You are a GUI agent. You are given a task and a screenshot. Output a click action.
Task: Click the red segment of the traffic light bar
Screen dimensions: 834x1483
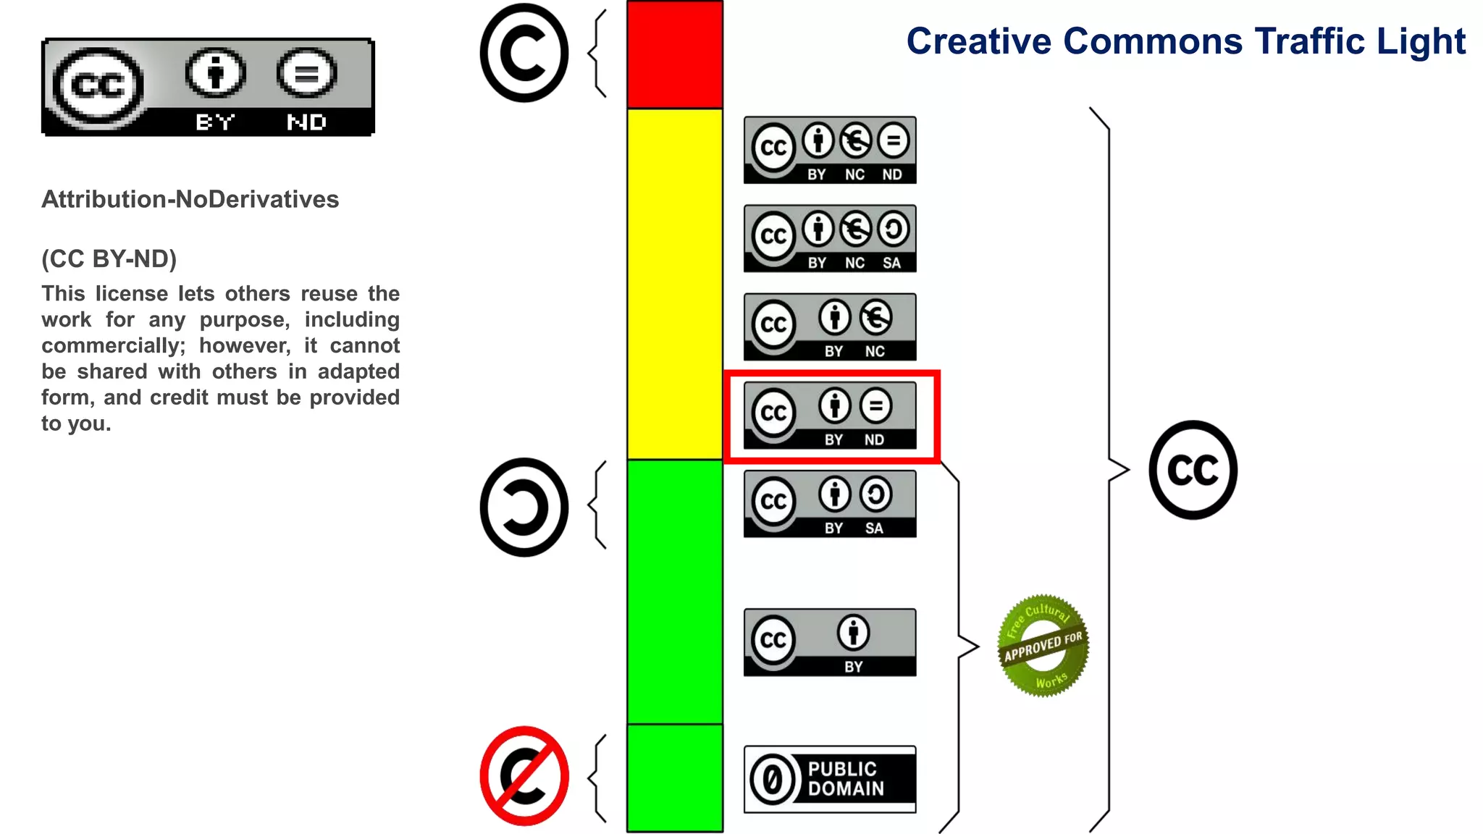point(674,55)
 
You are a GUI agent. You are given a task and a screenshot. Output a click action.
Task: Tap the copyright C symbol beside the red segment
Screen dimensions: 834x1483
point(524,53)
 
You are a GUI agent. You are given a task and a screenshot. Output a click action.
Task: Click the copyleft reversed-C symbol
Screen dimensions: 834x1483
point(524,507)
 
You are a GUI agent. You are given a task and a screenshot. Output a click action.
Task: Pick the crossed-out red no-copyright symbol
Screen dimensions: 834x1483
point(524,776)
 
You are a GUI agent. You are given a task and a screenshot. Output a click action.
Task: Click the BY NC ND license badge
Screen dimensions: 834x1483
point(830,150)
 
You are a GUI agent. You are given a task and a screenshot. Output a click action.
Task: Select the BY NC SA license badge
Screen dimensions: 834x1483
point(830,238)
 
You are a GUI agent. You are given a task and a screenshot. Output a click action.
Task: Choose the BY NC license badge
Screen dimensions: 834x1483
point(830,327)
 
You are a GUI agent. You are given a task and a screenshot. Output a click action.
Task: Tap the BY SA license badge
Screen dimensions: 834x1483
point(830,504)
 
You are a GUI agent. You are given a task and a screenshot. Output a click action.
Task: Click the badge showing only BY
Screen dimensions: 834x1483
point(830,642)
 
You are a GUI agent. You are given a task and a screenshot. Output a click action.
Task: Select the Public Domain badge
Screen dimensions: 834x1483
point(830,779)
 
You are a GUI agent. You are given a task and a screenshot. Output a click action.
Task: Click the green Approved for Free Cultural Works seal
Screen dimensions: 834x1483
point(1043,646)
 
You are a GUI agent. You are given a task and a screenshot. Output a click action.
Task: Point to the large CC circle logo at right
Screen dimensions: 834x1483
point(1193,470)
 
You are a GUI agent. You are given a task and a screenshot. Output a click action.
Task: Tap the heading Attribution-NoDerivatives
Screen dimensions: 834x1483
point(190,199)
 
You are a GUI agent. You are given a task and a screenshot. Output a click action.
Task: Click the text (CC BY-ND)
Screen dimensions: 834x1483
point(109,258)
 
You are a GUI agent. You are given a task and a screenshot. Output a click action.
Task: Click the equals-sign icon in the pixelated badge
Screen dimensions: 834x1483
point(306,73)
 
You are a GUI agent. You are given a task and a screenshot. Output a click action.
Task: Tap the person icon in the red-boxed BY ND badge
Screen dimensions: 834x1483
point(835,405)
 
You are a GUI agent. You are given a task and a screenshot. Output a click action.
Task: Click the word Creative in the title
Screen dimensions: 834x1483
point(978,41)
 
